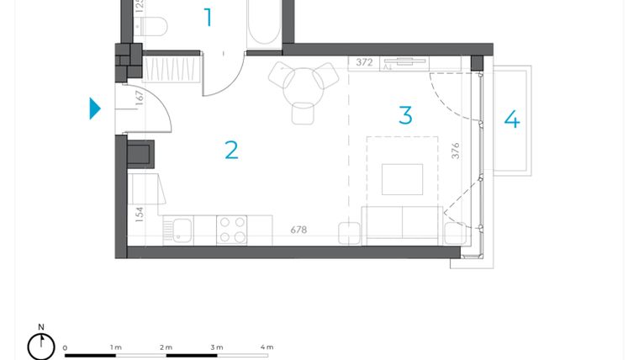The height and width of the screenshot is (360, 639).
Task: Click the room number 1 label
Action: [x=209, y=17]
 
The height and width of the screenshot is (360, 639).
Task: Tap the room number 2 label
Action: [x=231, y=150]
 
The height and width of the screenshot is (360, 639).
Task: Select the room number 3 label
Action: [x=405, y=115]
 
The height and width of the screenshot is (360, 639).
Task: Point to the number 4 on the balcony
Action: [x=511, y=119]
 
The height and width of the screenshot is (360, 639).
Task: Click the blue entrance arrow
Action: [x=95, y=109]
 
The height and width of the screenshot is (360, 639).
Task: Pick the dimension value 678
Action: [x=298, y=229]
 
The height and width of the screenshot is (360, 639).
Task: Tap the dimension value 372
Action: [x=364, y=62]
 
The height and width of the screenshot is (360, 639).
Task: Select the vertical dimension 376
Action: [x=456, y=151]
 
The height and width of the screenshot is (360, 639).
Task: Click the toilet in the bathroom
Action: [x=153, y=27]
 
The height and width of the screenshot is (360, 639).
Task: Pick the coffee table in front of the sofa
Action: [x=402, y=179]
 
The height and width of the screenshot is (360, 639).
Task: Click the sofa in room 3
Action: [x=401, y=224]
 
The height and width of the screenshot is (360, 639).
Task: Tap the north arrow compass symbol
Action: [x=40, y=345]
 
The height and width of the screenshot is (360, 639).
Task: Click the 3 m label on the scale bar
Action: [x=216, y=347]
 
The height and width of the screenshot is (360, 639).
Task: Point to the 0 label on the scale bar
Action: [x=65, y=347]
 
